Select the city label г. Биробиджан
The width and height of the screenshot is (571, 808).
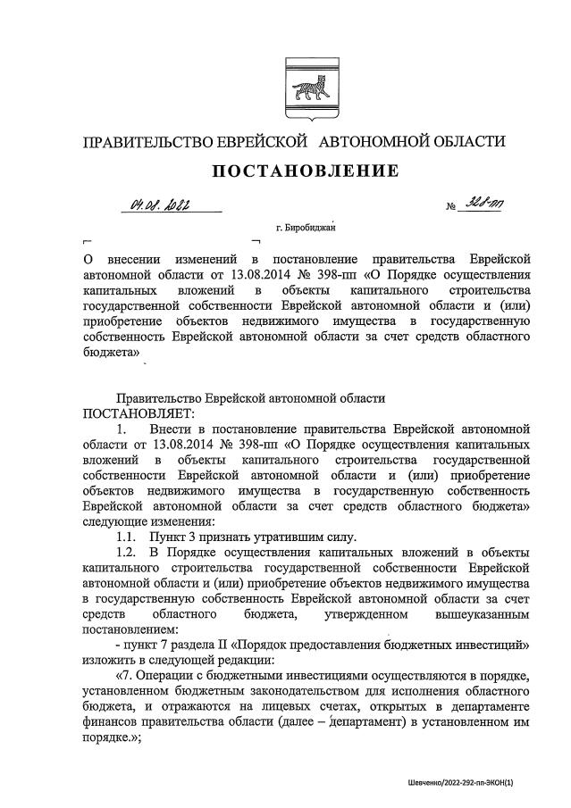[310, 229]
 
